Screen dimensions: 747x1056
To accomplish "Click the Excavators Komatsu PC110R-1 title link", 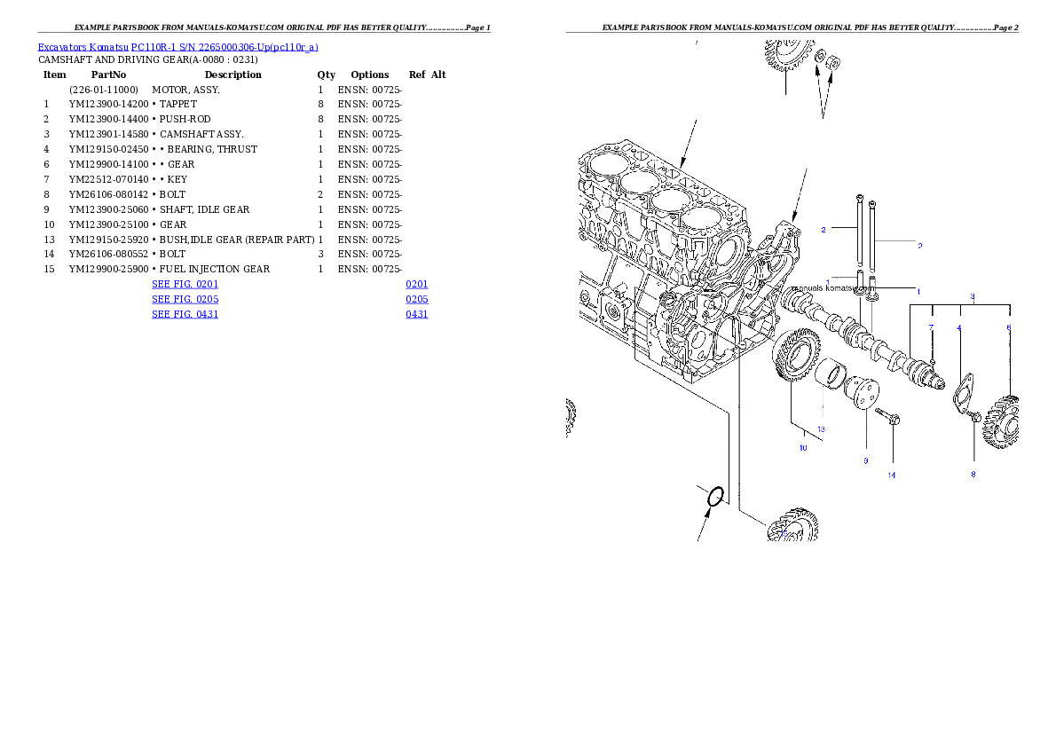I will (177, 47).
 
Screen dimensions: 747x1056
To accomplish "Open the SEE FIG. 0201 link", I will (185, 285).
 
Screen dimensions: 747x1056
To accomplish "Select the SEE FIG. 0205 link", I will (185, 300).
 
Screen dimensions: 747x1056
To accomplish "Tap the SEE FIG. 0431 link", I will (185, 314).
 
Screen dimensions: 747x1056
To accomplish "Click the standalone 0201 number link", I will (417, 285).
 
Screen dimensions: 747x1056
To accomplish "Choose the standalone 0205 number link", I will (417, 300).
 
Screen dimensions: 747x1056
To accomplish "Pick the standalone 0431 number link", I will (417, 314).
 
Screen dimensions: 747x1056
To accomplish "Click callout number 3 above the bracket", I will (972, 296).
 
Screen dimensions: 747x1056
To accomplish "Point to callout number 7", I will (932, 328).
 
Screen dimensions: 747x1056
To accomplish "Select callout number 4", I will (959, 328).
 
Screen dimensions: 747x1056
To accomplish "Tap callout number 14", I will (892, 475).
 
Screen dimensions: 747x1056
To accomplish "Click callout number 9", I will (865, 460).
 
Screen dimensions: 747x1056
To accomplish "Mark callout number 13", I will (822, 429).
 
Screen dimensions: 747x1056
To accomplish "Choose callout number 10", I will (803, 448).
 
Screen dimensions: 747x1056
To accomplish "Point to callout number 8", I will (973, 474).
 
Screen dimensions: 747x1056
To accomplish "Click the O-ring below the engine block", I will (716, 499).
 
